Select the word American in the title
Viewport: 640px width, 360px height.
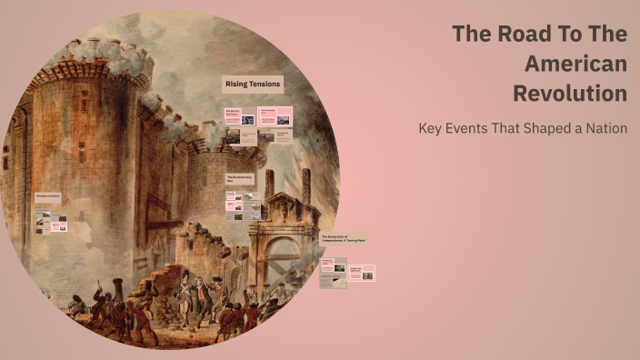click(576, 64)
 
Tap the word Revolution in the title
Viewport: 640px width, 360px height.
click(570, 93)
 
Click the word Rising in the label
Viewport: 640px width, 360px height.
click(236, 85)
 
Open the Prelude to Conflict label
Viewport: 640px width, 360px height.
click(47, 195)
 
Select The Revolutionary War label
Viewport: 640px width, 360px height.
click(242, 178)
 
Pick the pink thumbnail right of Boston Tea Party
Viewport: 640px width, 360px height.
click(275, 115)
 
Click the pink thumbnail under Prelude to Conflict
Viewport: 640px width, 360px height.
click(57, 225)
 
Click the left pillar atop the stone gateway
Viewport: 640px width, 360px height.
click(269, 185)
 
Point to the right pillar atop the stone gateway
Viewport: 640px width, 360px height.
click(306, 185)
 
